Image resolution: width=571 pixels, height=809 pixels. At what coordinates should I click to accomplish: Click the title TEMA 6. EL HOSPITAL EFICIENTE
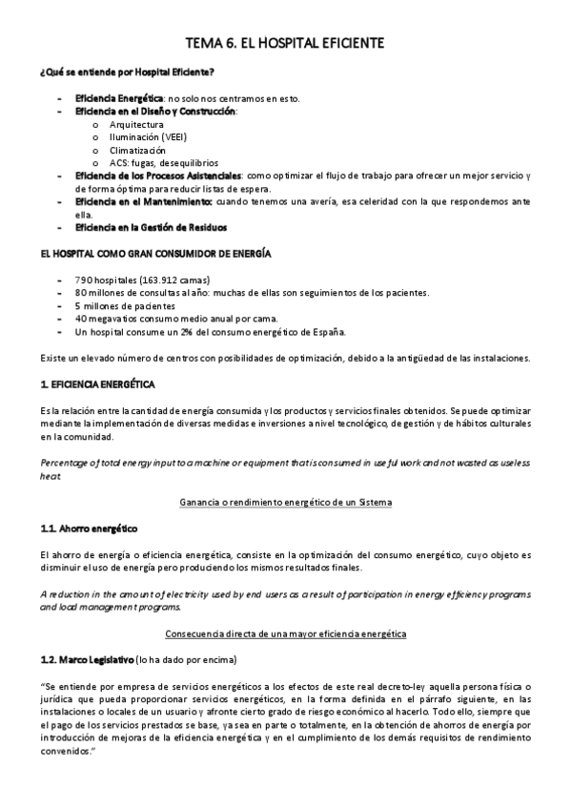(x=285, y=44)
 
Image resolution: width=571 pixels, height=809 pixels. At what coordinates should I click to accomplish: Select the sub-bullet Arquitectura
(x=136, y=125)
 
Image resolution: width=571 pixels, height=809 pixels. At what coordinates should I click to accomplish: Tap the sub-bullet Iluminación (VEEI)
(x=148, y=137)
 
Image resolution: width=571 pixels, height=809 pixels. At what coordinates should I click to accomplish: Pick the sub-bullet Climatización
(x=137, y=151)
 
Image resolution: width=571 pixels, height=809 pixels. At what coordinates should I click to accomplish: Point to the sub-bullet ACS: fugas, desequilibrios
(x=163, y=163)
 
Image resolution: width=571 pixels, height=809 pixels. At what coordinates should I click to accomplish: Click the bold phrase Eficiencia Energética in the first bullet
(x=119, y=98)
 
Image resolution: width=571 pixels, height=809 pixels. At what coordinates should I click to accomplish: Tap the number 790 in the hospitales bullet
(x=83, y=280)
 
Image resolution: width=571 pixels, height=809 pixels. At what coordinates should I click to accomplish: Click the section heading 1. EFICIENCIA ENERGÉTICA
(x=98, y=384)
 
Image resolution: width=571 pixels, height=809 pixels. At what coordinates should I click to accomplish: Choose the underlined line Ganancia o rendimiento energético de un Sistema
(x=285, y=502)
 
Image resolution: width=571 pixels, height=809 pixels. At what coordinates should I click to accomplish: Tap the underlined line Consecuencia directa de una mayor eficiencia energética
(x=285, y=633)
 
